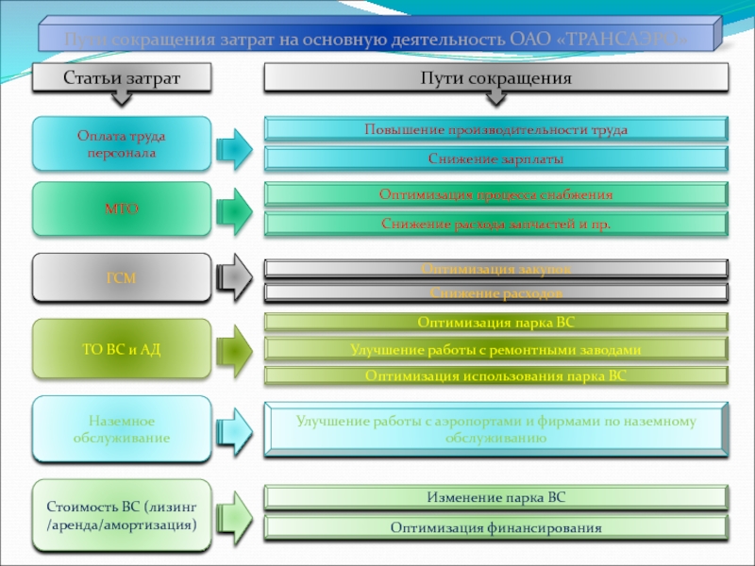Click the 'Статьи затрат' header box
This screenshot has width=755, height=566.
coord(121,78)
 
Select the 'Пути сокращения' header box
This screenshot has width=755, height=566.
coord(495,78)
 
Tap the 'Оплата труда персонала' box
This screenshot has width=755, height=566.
coord(121,144)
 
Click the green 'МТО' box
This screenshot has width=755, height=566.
coord(121,209)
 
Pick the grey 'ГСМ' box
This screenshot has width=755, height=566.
coord(121,277)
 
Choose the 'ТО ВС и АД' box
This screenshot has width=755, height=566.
coord(121,349)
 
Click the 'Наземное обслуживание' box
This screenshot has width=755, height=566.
coord(121,430)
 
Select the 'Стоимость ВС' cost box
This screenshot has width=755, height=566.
coord(121,515)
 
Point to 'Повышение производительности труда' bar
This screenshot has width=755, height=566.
coord(495,129)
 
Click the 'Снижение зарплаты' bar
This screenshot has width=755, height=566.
coord(495,159)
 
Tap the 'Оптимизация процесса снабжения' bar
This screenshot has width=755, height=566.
coord(495,194)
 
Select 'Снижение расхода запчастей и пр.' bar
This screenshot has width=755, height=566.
coord(495,225)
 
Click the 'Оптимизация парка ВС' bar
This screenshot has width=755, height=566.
coord(495,322)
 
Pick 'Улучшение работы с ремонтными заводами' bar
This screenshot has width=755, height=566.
coord(495,349)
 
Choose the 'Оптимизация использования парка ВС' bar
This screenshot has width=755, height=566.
coord(495,375)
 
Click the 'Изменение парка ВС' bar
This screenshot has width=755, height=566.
coord(495,497)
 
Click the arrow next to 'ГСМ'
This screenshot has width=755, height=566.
coord(234,277)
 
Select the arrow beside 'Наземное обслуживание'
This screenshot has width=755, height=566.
coord(234,430)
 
